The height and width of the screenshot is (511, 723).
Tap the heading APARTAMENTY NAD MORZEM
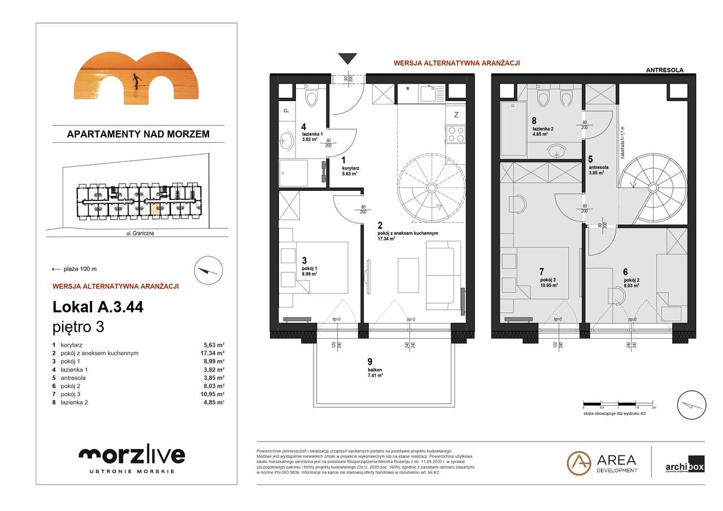click(138, 134)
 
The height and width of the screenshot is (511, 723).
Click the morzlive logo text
click(132, 455)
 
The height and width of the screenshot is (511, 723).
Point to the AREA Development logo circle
click(579, 462)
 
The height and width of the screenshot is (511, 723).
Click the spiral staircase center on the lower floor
click(432, 187)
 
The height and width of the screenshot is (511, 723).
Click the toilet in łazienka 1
click(311, 98)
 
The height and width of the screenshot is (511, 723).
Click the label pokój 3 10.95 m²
click(548, 282)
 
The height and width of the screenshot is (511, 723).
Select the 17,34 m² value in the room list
click(214, 353)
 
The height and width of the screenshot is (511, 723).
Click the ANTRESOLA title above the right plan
click(664, 71)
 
